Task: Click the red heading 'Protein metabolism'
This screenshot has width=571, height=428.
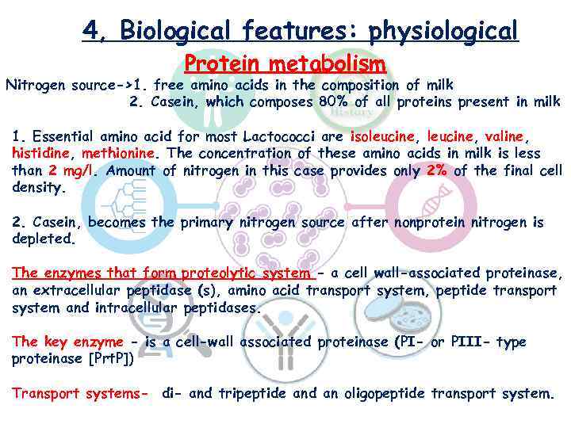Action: (x=285, y=63)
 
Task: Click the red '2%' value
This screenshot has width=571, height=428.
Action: (x=439, y=170)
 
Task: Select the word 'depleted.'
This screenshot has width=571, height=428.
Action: (x=43, y=239)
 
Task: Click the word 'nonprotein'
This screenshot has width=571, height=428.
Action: (x=433, y=223)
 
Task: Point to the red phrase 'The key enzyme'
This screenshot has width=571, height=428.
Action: (x=67, y=342)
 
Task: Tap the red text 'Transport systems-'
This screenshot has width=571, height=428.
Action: (x=80, y=393)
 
